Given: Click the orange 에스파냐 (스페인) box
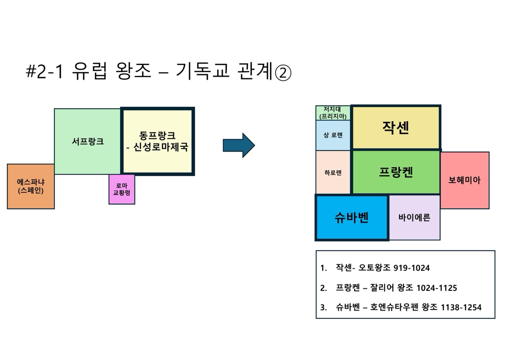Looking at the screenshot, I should pyautogui.click(x=31, y=186).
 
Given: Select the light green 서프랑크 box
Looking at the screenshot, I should pyautogui.click(x=88, y=141).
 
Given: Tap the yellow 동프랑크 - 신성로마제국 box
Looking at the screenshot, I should pyautogui.click(x=158, y=141).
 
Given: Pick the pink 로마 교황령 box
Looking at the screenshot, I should pyautogui.click(x=122, y=189).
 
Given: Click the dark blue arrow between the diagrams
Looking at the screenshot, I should pyautogui.click(x=239, y=145).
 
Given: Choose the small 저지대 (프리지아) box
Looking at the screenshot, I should pyautogui.click(x=333, y=113).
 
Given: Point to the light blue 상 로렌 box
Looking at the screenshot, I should pyautogui.click(x=333, y=135).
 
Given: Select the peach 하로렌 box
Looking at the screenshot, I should pyautogui.click(x=333, y=173).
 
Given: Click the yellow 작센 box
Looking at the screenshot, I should pyautogui.click(x=396, y=127).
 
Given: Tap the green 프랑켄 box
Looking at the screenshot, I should pyautogui.click(x=396, y=172).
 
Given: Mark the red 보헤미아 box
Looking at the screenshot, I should pyautogui.click(x=464, y=180).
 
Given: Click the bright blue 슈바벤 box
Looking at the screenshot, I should pyautogui.click(x=352, y=217).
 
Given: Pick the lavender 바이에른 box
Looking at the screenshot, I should pyautogui.click(x=414, y=217).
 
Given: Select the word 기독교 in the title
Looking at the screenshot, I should pyautogui.click(x=202, y=71).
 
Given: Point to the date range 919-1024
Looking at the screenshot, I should pyautogui.click(x=411, y=268).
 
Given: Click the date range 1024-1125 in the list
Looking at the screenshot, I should pyautogui.click(x=437, y=288).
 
